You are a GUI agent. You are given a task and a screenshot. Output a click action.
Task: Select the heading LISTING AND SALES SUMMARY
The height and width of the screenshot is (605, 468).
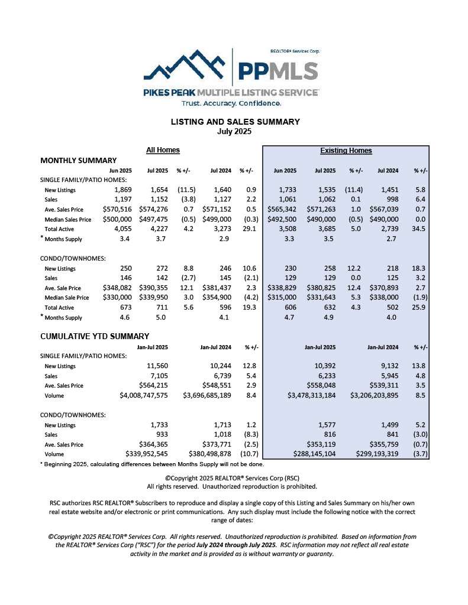click(x=235, y=122)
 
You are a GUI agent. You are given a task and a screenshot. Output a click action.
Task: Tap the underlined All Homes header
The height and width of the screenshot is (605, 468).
click(x=163, y=150)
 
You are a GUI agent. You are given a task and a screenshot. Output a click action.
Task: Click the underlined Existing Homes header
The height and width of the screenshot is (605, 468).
click(x=346, y=151)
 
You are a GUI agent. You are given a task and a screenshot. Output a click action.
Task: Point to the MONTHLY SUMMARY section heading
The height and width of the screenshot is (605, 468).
click(x=78, y=160)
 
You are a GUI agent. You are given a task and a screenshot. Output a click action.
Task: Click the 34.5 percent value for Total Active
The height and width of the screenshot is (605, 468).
click(x=421, y=228)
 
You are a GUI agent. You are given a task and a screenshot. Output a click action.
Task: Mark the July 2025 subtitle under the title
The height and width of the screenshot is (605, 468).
click(x=235, y=131)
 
